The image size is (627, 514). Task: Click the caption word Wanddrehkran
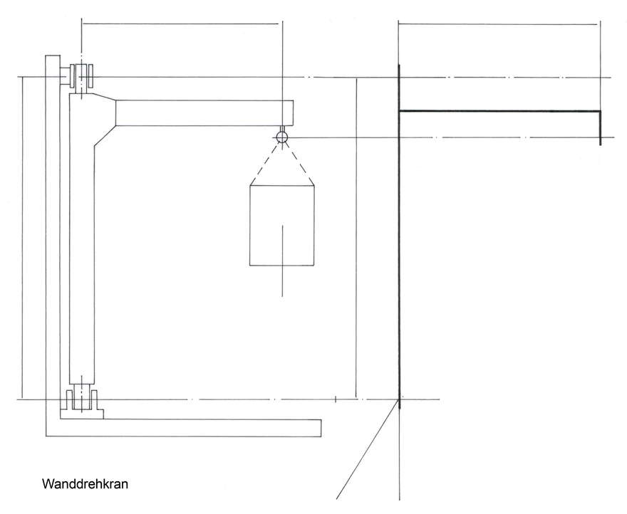coord(85,484)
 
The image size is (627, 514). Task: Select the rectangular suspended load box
coord(282,226)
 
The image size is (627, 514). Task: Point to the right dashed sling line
coord(299,164)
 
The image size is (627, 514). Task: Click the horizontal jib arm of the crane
coord(204,113)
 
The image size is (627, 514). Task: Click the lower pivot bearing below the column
coord(81,399)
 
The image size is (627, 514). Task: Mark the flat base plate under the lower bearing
coord(81,414)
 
